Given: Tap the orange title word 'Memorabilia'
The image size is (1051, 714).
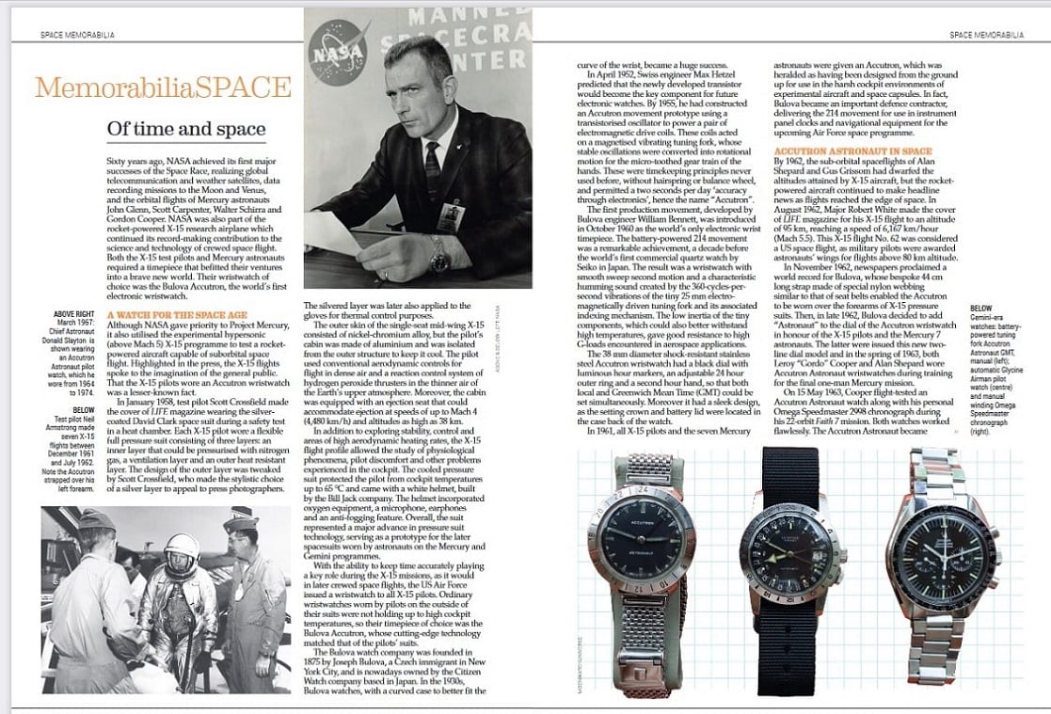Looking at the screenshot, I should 104,87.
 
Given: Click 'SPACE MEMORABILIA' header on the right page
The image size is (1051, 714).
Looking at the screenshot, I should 986,35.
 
